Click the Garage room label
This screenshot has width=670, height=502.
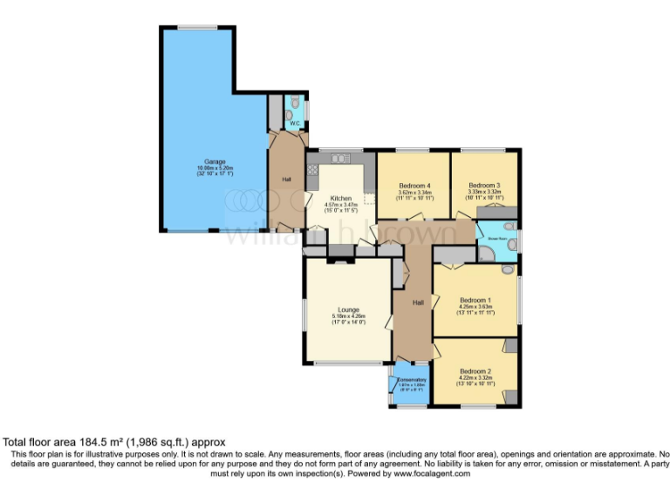(x=215, y=162)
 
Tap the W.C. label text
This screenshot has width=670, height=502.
(x=295, y=124)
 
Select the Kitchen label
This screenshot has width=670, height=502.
(x=340, y=199)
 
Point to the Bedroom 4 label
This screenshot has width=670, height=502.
(x=415, y=186)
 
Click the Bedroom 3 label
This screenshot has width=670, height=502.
(x=484, y=186)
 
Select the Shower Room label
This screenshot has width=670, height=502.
(x=498, y=236)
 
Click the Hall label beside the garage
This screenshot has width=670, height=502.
(x=286, y=180)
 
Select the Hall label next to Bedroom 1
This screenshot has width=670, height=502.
(x=418, y=302)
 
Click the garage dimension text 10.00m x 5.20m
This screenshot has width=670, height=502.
(x=215, y=169)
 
